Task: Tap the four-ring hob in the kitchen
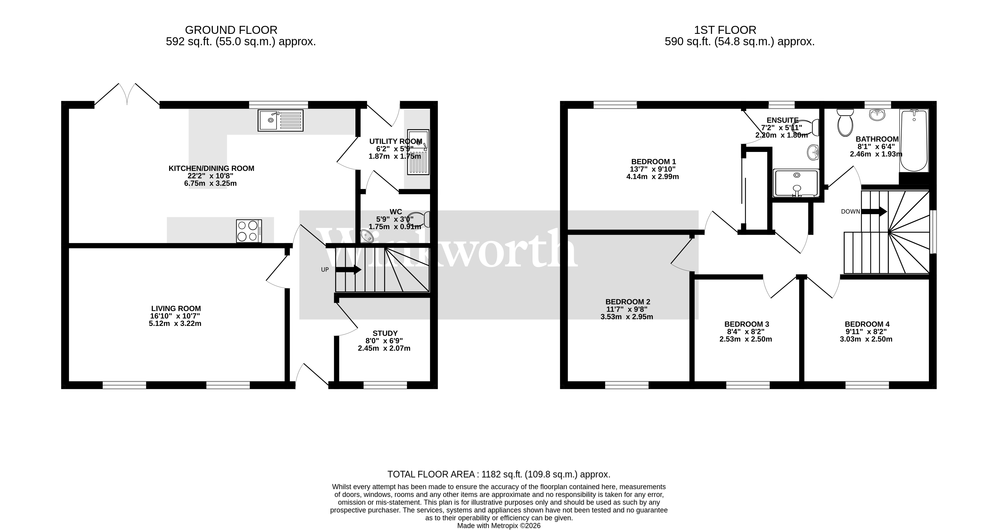(x=249, y=231)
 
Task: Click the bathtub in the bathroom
(x=914, y=140)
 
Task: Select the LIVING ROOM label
(x=176, y=308)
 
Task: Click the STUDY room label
(x=385, y=333)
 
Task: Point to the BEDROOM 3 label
(x=746, y=324)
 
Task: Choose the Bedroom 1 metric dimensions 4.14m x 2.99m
(x=653, y=177)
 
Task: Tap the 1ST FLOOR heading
(x=725, y=30)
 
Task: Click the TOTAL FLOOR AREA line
(x=499, y=474)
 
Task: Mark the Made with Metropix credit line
(x=499, y=526)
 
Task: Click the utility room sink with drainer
(x=418, y=152)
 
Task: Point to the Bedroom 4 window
(x=867, y=385)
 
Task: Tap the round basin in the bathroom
(x=878, y=115)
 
